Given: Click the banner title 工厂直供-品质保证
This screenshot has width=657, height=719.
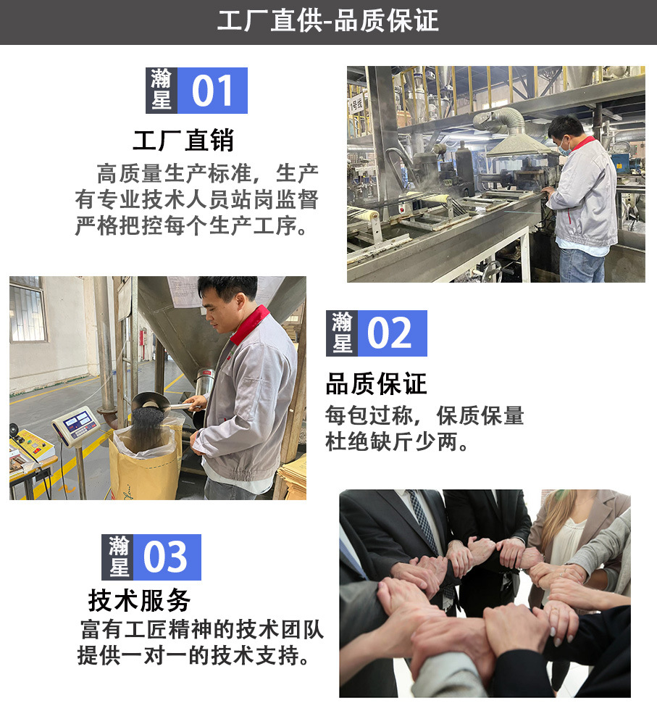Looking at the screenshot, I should click(328, 21).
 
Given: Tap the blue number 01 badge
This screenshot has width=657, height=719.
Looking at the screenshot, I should click(212, 91).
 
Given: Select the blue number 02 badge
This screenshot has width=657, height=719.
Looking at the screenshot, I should click(392, 333).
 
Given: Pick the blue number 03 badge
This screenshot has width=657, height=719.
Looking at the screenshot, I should click(166, 557).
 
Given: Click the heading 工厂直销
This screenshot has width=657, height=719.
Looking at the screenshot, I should click(183, 140).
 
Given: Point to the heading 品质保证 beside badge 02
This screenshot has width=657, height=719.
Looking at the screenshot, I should click(376, 383).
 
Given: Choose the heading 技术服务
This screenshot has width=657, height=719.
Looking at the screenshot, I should click(139, 599).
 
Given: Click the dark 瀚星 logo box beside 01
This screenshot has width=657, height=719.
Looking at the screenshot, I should click(161, 91).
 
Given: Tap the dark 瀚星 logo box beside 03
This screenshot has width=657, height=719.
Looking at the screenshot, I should click(119, 557).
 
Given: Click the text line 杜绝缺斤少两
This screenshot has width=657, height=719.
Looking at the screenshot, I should click(398, 441).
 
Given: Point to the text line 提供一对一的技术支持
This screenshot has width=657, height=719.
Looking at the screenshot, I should click(196, 656).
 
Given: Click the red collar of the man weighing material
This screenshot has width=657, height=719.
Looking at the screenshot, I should click(248, 324).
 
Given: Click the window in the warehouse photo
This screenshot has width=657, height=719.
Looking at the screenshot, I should click(28, 312).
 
